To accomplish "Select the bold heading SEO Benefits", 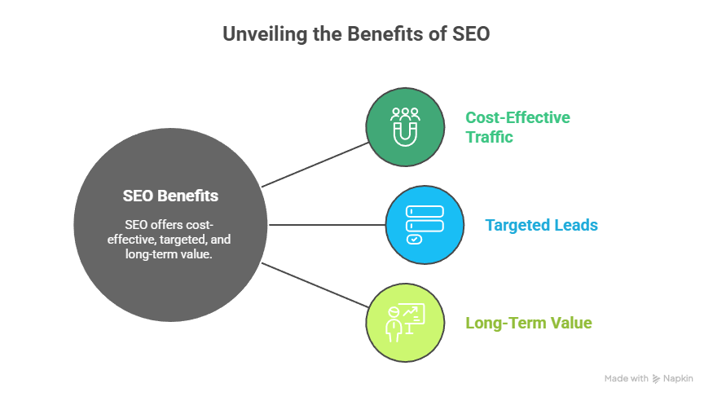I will click(x=170, y=196).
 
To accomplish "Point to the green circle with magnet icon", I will click(x=404, y=126).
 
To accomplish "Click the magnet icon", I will click(x=404, y=130).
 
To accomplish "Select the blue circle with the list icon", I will click(x=424, y=225).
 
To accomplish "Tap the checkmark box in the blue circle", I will click(x=413, y=240).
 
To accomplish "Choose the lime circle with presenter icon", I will click(x=406, y=323).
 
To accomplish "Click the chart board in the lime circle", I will click(x=414, y=313).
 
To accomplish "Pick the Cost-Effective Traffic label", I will click(x=517, y=127).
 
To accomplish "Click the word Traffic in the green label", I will click(x=489, y=138).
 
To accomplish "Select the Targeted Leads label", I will click(x=541, y=225).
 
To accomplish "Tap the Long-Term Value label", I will click(x=528, y=324).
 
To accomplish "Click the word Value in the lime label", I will click(x=571, y=324).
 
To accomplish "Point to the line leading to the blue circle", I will click(x=326, y=224).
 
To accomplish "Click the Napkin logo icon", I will click(x=657, y=379).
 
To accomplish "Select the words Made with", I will click(x=626, y=379).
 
